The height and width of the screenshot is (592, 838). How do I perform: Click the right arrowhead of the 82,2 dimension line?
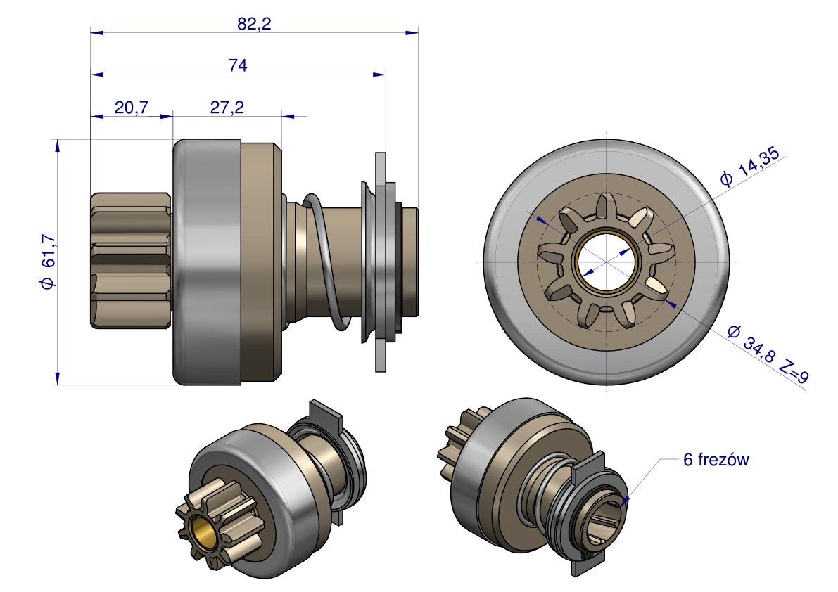412,32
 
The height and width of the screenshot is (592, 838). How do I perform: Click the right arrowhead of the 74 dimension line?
379,75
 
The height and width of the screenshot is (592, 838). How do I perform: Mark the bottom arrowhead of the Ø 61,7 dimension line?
56,378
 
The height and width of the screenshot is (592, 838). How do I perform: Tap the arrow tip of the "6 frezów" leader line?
625,501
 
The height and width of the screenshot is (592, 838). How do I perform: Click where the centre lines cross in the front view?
607,262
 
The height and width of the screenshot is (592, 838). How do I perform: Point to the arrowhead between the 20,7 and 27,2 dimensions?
167,115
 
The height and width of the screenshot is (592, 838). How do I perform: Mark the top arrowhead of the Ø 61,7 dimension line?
56,146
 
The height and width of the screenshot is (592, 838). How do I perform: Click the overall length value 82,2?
255,23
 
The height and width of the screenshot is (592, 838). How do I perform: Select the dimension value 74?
238,65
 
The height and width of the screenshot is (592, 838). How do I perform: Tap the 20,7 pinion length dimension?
132,108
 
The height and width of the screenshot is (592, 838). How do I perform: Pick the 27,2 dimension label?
227,108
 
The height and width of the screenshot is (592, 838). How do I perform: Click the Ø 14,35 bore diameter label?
750,167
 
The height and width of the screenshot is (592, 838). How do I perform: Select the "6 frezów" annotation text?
716,460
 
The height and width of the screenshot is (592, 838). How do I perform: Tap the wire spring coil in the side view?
324,261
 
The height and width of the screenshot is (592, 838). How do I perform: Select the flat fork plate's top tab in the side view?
381,168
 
